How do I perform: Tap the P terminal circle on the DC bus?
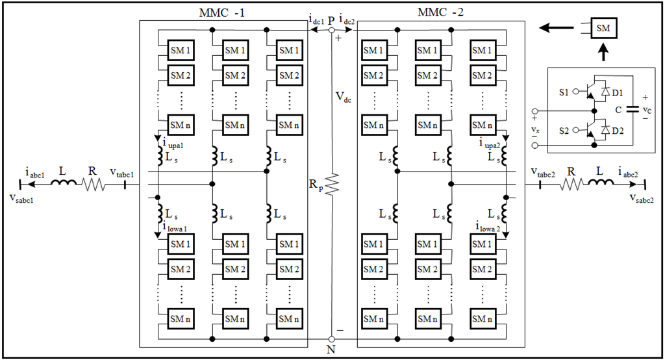(x=331, y=30)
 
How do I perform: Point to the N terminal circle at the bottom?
(x=331, y=339)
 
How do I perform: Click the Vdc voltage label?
(x=344, y=97)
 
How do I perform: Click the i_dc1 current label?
(x=316, y=21)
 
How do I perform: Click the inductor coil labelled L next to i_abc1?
(x=63, y=184)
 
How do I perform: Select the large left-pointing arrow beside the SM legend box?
(x=559, y=29)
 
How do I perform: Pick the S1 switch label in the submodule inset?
(x=563, y=93)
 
